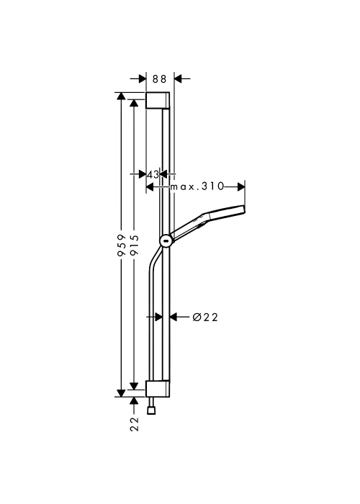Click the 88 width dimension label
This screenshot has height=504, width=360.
click(x=159, y=79)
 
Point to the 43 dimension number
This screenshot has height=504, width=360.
click(x=153, y=174)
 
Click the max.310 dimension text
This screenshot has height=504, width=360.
click(x=197, y=186)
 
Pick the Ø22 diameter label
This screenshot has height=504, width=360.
click(x=205, y=318)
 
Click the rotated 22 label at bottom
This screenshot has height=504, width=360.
click(x=135, y=424)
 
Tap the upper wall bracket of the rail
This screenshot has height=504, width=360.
click(x=158, y=100)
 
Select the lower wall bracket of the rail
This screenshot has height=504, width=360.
click(x=158, y=389)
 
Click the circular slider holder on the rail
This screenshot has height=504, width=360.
click(x=166, y=240)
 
